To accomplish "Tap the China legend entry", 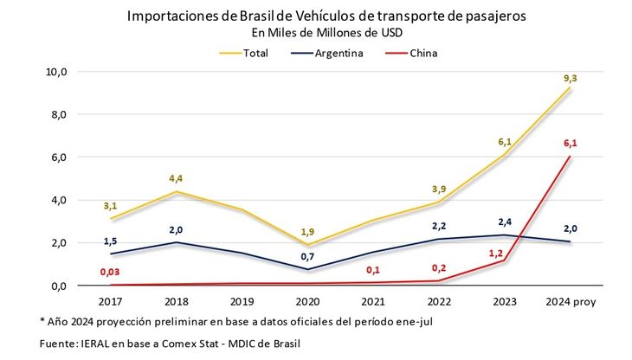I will pos(423,53).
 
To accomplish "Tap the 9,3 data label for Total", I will pos(570,79).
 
